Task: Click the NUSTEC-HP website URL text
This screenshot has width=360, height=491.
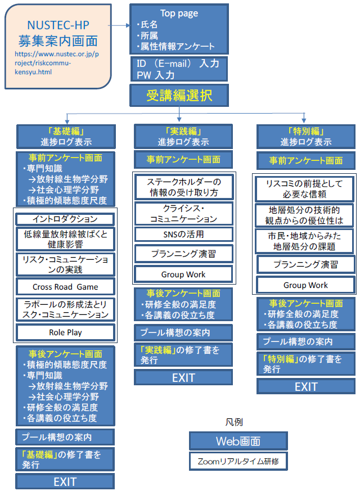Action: pos(57,63)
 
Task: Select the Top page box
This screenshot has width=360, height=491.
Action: pos(179,29)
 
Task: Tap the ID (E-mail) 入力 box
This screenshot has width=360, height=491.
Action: pos(179,69)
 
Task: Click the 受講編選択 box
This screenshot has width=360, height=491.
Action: pos(179,95)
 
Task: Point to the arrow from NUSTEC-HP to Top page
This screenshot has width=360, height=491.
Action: pos(119,25)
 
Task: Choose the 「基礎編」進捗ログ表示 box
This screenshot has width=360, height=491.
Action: pos(66,137)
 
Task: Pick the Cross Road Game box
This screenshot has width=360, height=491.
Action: pos(65,286)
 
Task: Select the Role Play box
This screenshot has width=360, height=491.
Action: pos(65,332)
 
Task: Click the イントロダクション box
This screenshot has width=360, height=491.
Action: pos(65,219)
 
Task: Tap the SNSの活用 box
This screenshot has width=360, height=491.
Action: pos(184,234)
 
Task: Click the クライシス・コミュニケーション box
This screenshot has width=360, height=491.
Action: pos(184,214)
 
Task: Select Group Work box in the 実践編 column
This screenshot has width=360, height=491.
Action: pos(183,274)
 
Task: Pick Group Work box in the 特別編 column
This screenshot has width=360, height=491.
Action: pos(305,285)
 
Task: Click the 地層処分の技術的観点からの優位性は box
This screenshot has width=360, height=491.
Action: pos(304,215)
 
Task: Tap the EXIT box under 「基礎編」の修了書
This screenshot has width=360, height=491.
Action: pos(65,481)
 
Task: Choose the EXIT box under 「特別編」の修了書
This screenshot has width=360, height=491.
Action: pos(306,387)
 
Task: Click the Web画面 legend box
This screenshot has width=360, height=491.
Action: pos(238,441)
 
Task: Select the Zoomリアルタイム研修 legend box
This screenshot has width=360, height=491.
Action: pos(238,461)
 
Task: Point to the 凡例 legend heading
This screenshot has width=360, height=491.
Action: pos(234,422)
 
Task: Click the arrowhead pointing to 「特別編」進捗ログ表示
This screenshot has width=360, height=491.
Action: pos(304,120)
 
